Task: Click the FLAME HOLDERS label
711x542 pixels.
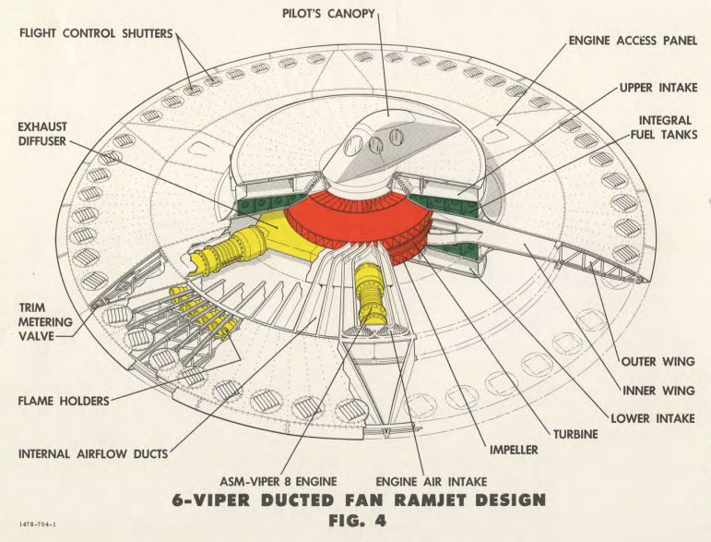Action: [x=63, y=401]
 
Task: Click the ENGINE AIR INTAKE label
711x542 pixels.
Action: [x=432, y=481]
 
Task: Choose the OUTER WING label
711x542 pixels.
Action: [x=654, y=361]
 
